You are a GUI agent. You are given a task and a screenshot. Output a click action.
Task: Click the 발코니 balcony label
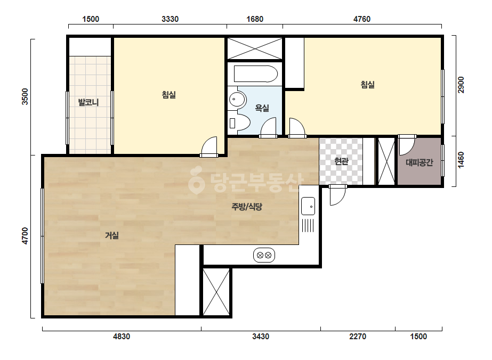(x=88, y=102)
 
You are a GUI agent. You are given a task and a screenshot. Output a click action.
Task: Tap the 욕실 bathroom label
(x=262, y=108)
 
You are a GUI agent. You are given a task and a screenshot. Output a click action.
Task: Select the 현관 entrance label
(x=341, y=161)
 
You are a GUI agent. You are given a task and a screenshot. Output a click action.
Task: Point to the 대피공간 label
(x=419, y=162)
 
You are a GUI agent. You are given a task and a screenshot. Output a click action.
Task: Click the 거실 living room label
(x=112, y=235)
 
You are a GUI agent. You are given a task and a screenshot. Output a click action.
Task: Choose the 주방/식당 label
(x=247, y=207)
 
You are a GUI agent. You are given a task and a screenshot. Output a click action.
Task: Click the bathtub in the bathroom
(x=256, y=73)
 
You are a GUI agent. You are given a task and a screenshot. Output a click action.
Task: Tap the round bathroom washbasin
(x=237, y=100)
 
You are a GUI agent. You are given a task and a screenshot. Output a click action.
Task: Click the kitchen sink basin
(x=308, y=206)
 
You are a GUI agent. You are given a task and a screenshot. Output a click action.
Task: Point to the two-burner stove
(x=264, y=255)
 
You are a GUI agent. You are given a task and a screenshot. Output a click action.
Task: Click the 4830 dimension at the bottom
(x=122, y=337)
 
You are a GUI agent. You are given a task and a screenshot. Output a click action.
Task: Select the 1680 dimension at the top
(x=255, y=19)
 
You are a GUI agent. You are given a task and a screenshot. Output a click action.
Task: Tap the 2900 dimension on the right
(x=461, y=85)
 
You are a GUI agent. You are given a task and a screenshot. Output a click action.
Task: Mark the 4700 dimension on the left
(x=25, y=236)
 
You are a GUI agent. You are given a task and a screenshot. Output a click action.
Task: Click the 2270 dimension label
(x=358, y=337)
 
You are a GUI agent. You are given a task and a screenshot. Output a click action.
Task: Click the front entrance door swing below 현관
(x=337, y=195)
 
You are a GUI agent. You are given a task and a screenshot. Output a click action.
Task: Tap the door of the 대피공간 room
(x=407, y=145)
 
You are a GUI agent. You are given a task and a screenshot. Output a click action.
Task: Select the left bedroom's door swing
(x=209, y=147)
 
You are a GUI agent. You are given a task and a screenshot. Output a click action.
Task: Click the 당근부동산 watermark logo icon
(x=196, y=180)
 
